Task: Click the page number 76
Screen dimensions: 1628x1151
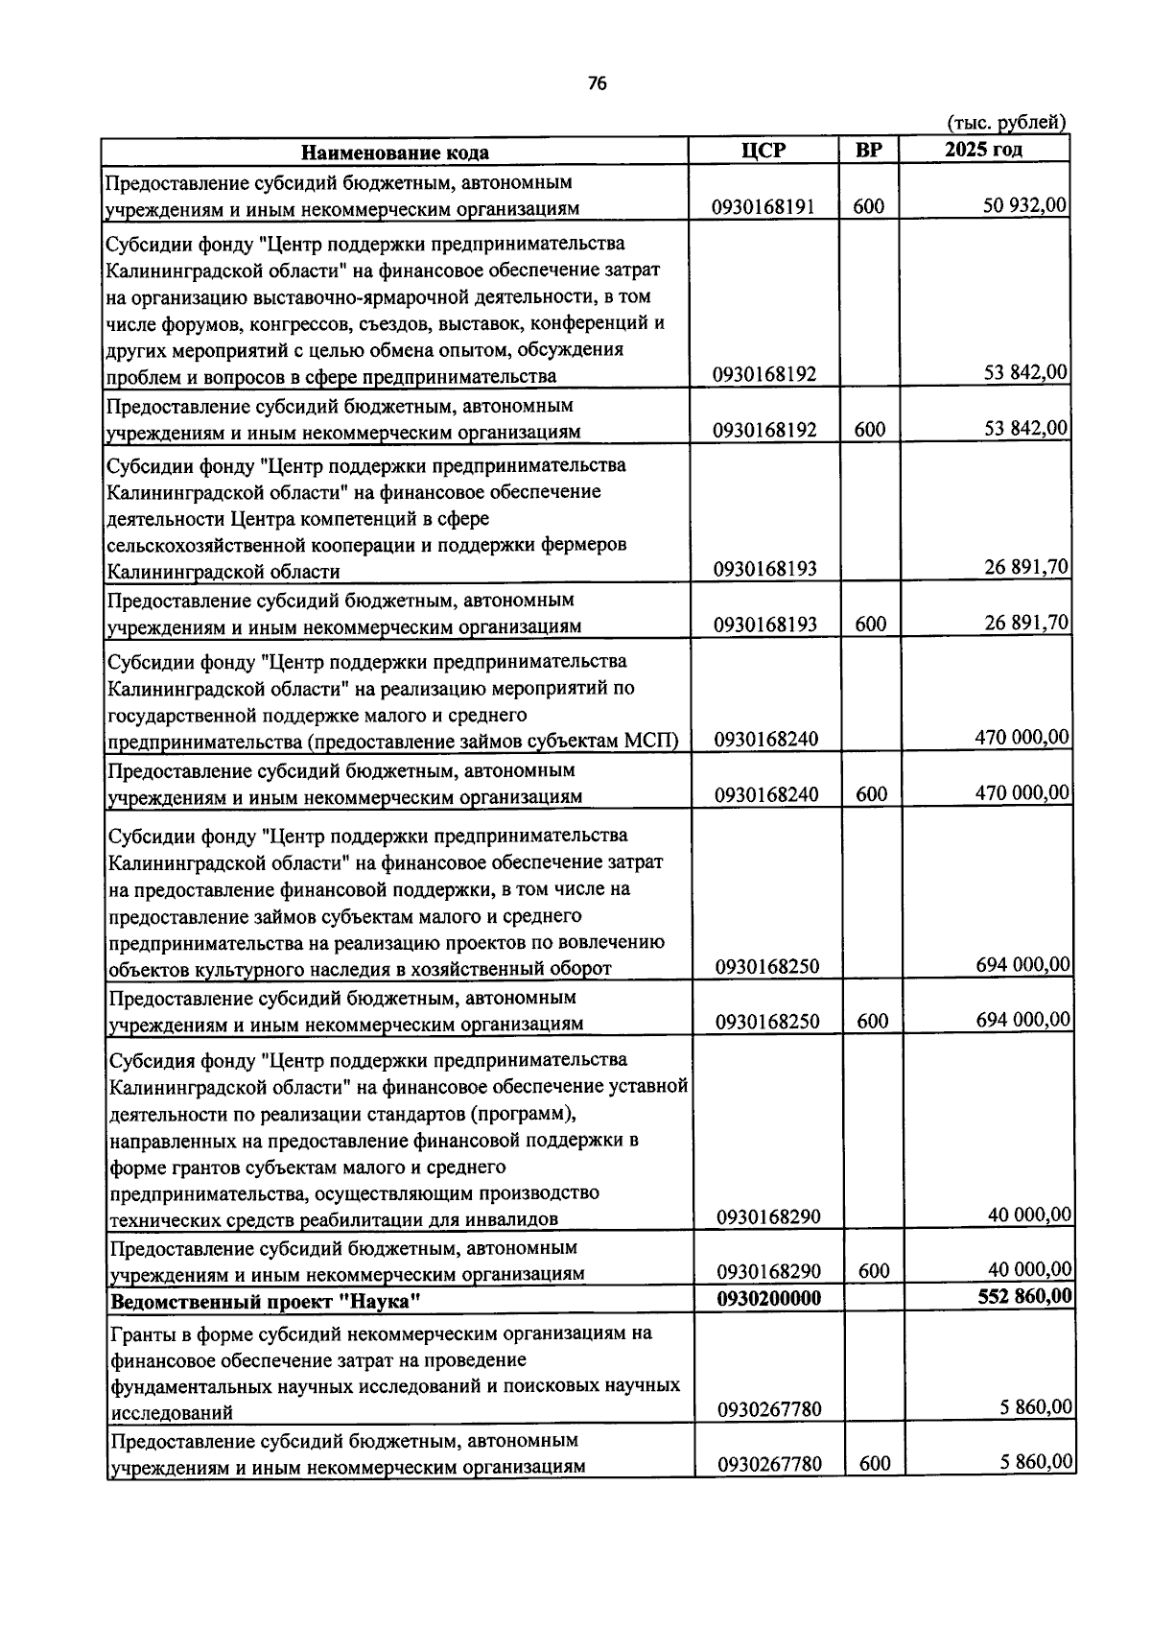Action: coord(597,84)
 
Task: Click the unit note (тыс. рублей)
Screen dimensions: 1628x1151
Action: coord(1006,123)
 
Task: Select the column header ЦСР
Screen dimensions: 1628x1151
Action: coord(763,151)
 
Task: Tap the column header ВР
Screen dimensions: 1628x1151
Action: coord(869,151)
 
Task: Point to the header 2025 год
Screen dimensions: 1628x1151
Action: coord(983,150)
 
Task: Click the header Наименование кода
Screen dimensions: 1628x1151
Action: coord(395,153)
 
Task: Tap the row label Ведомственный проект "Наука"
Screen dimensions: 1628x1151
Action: coord(267,1302)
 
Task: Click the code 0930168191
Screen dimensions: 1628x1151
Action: coord(763,207)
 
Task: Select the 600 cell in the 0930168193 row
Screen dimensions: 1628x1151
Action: coord(871,625)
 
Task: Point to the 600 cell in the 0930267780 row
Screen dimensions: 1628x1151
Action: coord(874,1464)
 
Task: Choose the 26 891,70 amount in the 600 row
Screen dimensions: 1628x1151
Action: coord(1026,623)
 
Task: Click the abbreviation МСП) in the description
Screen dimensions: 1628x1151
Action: coord(651,742)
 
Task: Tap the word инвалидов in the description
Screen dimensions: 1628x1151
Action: coord(514,1220)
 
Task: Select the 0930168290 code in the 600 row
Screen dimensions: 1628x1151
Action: coord(768,1272)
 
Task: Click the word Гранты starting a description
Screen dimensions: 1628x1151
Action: coord(144,1333)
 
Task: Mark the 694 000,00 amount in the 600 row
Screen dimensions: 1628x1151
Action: coord(1023,1019)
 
